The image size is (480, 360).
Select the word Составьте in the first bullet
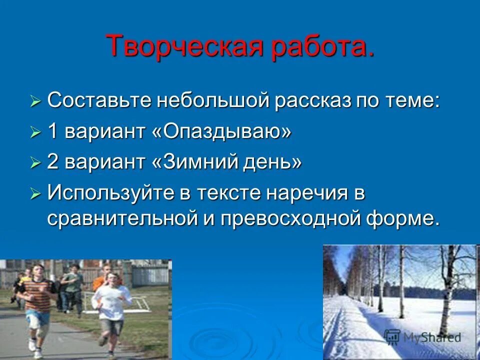click(99, 100)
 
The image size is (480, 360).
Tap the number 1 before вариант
click(52, 132)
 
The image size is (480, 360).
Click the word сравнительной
click(127, 219)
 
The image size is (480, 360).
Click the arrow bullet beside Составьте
click(35, 102)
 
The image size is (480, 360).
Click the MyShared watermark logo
click(422, 336)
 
